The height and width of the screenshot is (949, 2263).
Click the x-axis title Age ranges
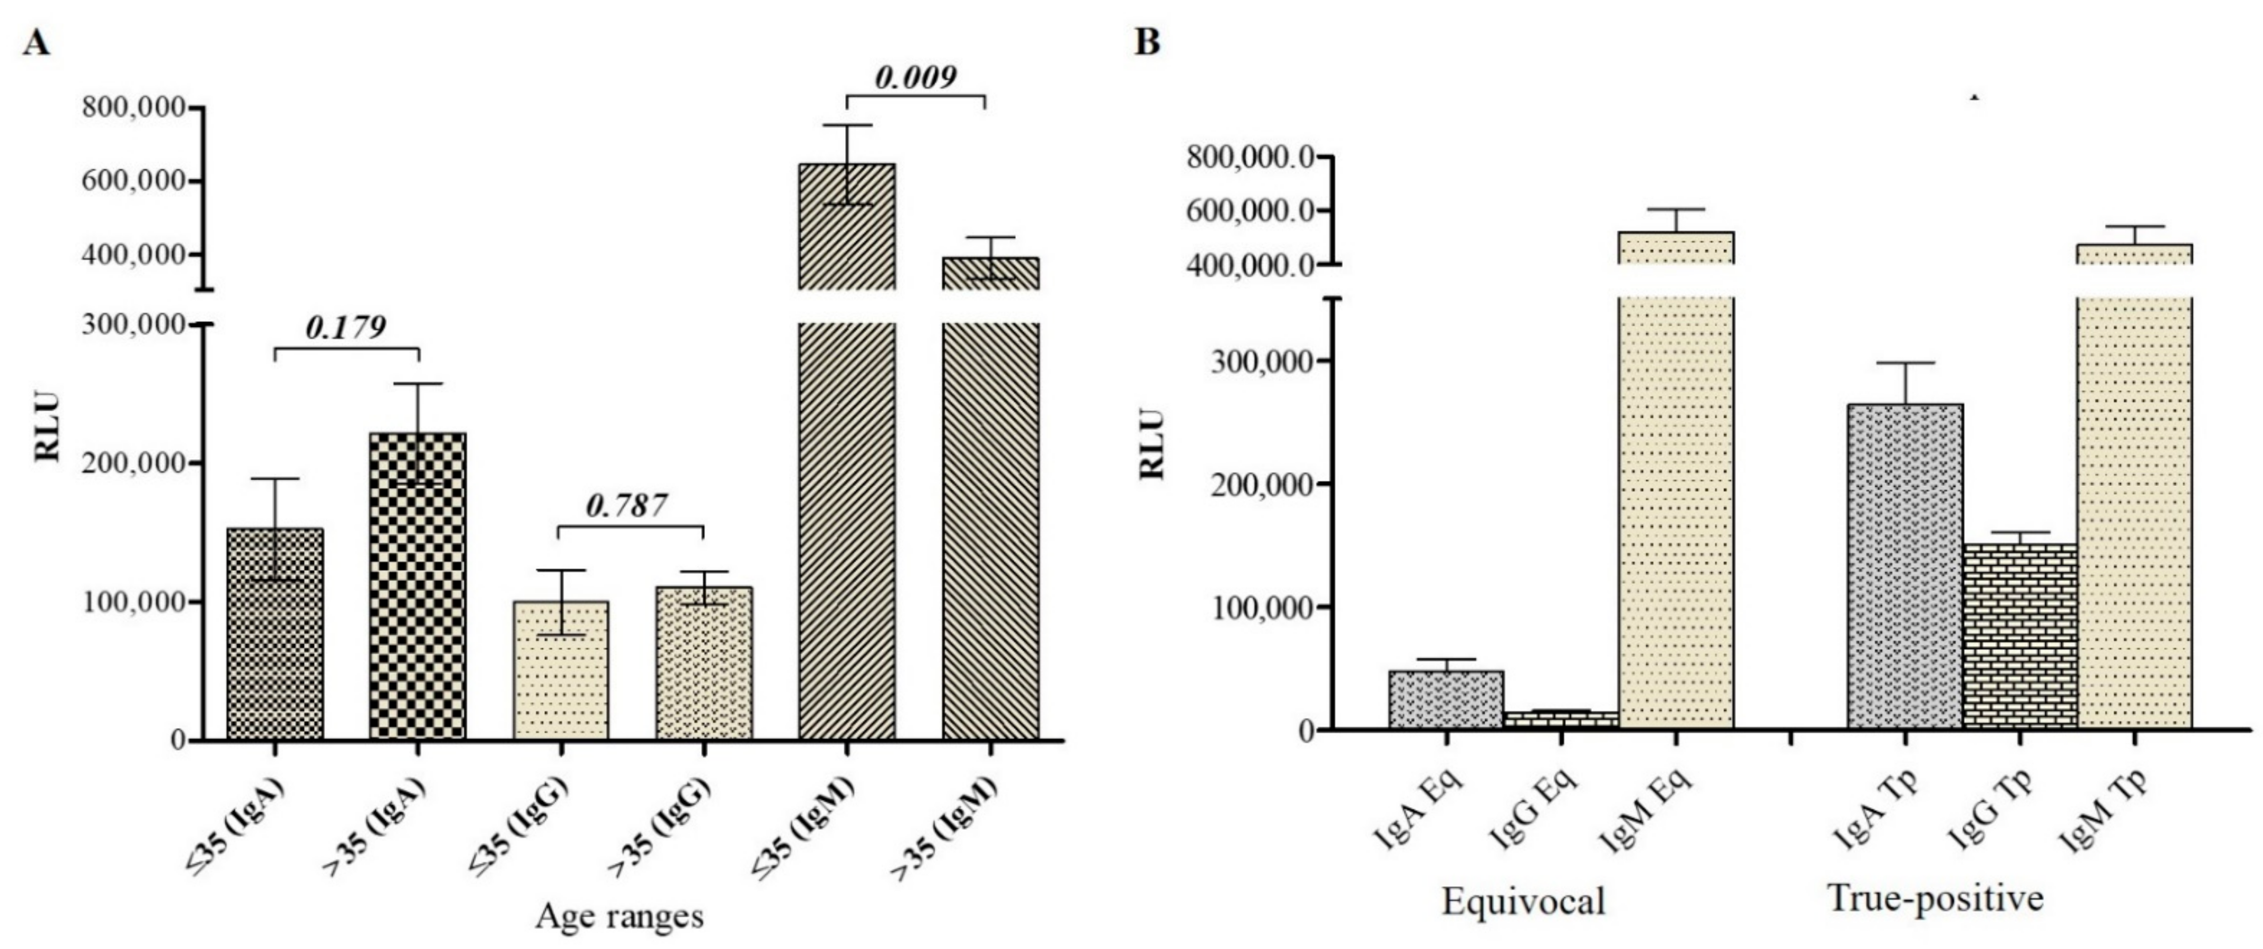[620, 916]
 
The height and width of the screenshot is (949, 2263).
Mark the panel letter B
[1147, 41]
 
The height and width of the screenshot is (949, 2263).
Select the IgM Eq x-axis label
[1647, 813]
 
